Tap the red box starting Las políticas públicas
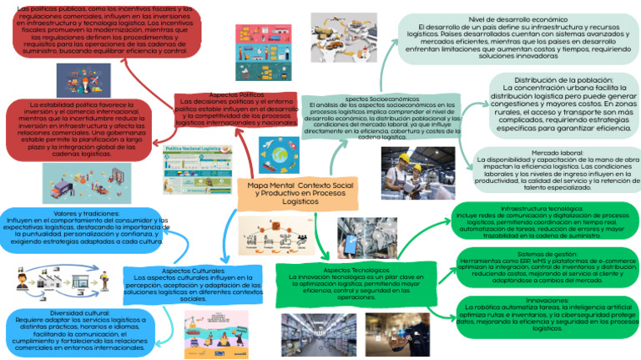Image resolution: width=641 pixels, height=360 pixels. pos(105,30)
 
